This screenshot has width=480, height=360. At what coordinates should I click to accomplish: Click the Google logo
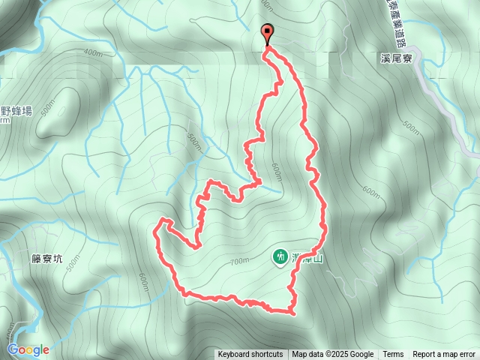pos(28,349)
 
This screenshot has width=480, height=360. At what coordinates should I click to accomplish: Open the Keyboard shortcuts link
pos(250,355)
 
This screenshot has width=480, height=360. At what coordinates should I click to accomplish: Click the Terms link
pos(393,355)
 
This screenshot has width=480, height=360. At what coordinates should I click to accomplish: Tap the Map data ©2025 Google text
pos(333,355)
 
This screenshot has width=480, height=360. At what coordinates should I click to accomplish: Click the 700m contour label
pos(238,262)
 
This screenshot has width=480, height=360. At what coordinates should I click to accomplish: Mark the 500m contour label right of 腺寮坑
pos(73,263)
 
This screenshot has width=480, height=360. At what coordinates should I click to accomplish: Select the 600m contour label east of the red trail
pos(370,193)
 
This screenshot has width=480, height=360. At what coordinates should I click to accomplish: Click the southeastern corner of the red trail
pos(292,311)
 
